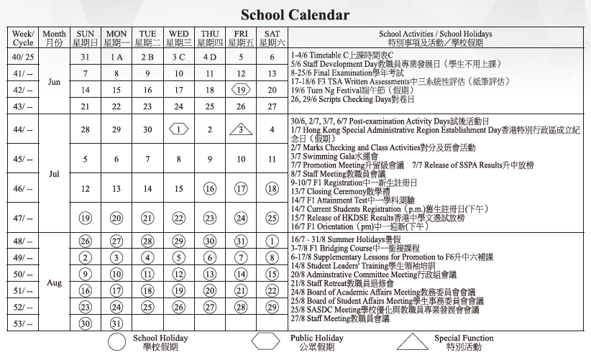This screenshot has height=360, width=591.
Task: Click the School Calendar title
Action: pos(295,14)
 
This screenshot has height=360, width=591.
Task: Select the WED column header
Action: pos(178,38)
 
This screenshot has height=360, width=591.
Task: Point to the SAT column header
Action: pos(272,38)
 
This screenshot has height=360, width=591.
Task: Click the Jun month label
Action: pos(54,82)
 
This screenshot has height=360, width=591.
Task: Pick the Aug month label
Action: pos(54,282)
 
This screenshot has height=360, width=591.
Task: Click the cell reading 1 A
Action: pos(116,57)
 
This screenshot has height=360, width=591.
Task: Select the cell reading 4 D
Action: pos(209,57)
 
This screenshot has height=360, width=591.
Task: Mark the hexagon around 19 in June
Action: pos(241,91)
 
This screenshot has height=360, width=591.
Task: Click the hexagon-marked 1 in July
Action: pos(178,130)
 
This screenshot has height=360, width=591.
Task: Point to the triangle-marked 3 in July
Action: pos(241,130)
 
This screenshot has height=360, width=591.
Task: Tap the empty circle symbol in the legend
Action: pos(116,341)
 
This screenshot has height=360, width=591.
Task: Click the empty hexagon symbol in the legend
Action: pos(265,341)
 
